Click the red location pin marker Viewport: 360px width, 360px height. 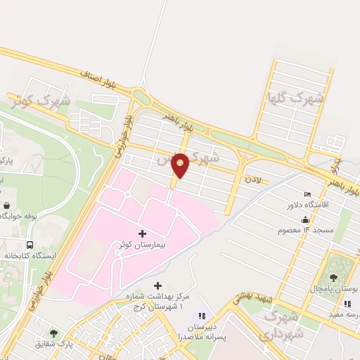click(181, 165)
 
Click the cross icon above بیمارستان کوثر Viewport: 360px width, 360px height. click(143, 233)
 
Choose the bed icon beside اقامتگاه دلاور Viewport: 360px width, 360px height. click(307, 194)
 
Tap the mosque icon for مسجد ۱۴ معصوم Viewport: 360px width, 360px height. click(306, 219)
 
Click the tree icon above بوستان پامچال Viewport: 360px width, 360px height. click(333, 277)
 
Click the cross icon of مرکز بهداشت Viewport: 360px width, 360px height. click(157, 286)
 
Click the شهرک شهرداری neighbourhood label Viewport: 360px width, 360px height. click(281, 326)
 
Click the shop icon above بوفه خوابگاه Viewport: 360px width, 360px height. click(6, 205)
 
